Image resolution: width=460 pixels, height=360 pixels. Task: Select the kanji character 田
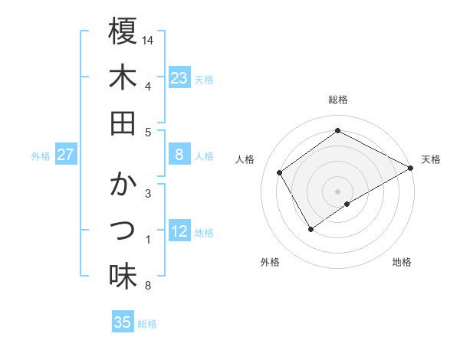123,123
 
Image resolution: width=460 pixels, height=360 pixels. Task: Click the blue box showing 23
179,77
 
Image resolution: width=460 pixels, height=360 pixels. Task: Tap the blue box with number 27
66,155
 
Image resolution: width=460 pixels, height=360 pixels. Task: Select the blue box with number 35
123,322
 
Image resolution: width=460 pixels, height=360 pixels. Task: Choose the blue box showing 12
179,232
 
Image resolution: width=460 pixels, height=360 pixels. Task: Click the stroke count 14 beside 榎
149,39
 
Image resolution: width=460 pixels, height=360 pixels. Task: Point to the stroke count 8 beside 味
147,286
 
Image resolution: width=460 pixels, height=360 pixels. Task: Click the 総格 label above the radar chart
337,100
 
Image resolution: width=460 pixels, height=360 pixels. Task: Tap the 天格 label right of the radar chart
432,159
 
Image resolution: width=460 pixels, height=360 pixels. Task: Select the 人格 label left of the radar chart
245,159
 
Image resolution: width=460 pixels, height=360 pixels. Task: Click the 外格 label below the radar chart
269,263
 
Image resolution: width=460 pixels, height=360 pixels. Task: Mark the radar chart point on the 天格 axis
411,169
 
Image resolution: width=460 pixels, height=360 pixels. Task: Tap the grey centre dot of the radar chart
338,191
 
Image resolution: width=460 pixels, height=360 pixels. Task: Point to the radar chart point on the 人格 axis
280,172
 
